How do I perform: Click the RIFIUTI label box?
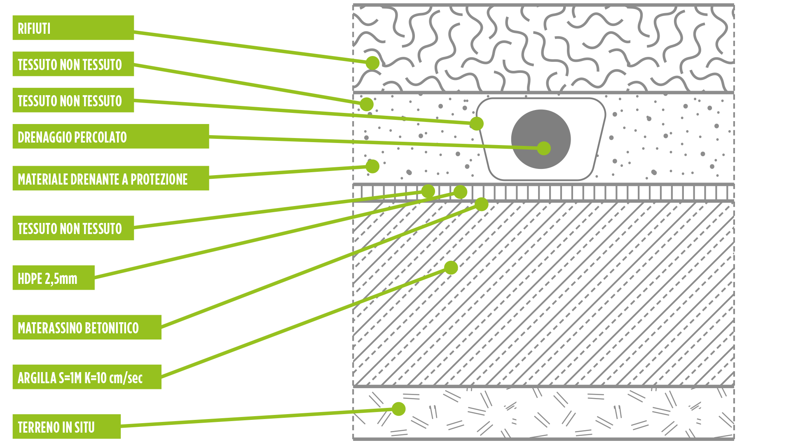click(x=73, y=28)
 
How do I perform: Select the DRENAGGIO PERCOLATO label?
click(x=110, y=136)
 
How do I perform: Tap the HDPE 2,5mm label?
click(x=54, y=278)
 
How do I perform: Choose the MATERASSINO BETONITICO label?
click(x=87, y=328)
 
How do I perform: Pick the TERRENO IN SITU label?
click(x=66, y=427)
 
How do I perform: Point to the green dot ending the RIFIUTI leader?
click(x=372, y=63)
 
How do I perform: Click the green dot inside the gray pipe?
click(x=544, y=148)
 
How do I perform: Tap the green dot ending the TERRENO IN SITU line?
click(x=398, y=409)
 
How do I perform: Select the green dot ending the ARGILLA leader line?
click(x=451, y=267)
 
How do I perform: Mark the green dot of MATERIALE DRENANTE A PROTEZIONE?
click(x=372, y=166)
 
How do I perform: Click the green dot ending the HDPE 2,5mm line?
click(x=460, y=192)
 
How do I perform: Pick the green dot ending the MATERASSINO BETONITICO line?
click(x=481, y=204)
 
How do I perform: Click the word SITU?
click(x=84, y=427)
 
